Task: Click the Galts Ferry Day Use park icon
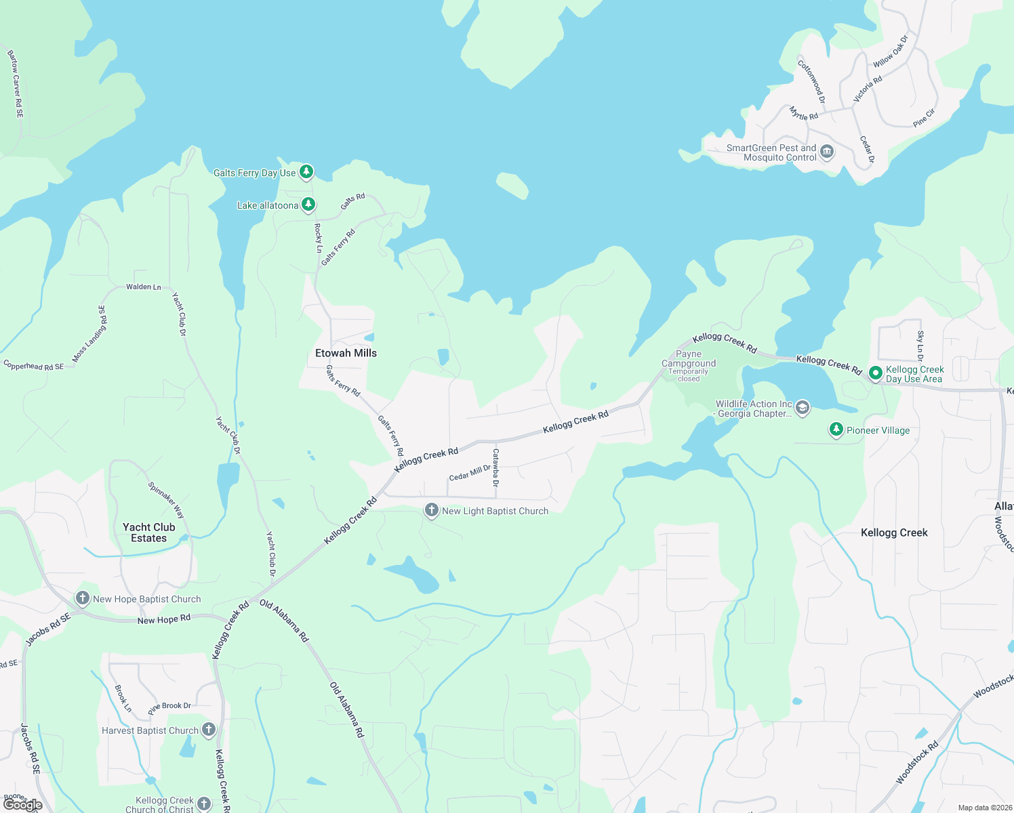tap(306, 171)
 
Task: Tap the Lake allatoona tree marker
tap(308, 204)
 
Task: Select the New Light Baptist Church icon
tap(431, 510)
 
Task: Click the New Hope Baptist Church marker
tap(82, 598)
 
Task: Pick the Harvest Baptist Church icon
tap(209, 729)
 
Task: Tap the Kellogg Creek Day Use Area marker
tap(875, 373)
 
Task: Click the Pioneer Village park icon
tap(836, 430)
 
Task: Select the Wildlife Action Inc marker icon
tap(803, 408)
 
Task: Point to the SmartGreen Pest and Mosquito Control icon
tap(826, 152)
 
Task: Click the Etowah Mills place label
tap(346, 353)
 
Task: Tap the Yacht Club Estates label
tap(149, 533)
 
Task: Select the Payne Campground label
tap(689, 358)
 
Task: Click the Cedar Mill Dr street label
tap(470, 473)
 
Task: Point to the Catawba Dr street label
tap(495, 467)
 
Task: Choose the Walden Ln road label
tap(144, 287)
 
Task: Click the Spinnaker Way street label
tap(166, 500)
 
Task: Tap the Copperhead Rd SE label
tap(34, 366)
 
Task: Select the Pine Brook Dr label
tap(169, 709)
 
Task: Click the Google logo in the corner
tap(22, 805)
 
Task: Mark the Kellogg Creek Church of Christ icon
tap(204, 804)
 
